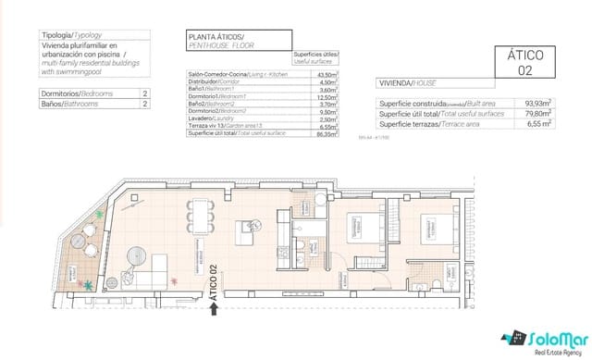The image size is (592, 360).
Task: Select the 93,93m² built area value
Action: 537,104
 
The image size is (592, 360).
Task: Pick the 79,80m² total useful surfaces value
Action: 537,114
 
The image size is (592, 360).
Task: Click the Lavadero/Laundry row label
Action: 209,118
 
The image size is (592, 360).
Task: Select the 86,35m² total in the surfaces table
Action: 323,133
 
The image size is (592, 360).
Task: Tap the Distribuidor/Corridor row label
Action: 212,81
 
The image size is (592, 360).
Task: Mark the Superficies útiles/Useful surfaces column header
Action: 314,58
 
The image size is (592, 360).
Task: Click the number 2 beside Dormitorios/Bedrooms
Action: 145,93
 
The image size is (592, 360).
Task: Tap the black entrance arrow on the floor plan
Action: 215,312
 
